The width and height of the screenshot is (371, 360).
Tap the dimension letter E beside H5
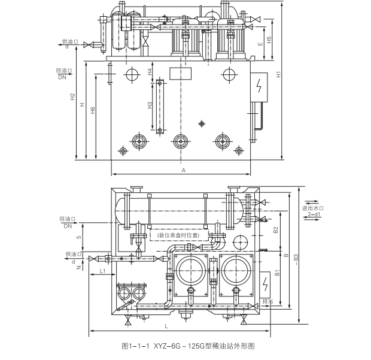point(259,46)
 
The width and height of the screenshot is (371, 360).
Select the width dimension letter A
point(183,170)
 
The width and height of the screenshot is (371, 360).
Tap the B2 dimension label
point(276,229)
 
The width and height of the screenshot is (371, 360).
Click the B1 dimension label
point(276,273)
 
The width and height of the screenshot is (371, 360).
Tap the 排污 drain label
point(267,301)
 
